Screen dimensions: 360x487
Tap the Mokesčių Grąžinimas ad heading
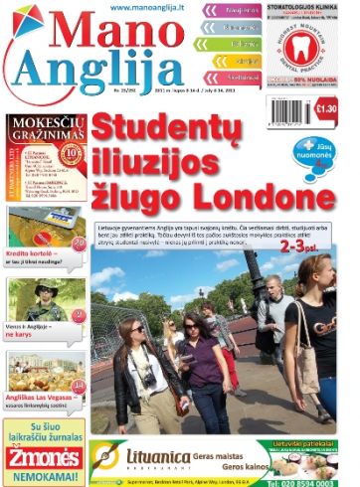[x=45, y=128]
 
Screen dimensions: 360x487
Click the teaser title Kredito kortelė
[x=29, y=252]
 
